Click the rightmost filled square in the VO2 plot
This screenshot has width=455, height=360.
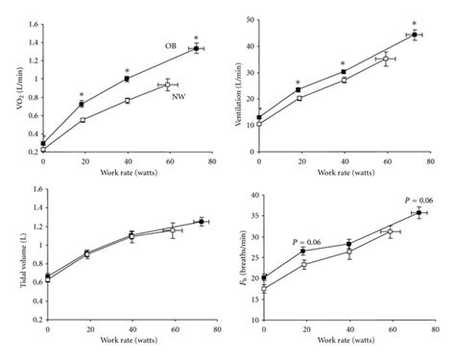197,48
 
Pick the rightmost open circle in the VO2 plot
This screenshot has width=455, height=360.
168,85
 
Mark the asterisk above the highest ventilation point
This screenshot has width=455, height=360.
415,24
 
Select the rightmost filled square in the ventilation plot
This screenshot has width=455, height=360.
415,35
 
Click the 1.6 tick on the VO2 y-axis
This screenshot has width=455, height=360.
32,19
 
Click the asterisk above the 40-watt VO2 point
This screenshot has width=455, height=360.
127,69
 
